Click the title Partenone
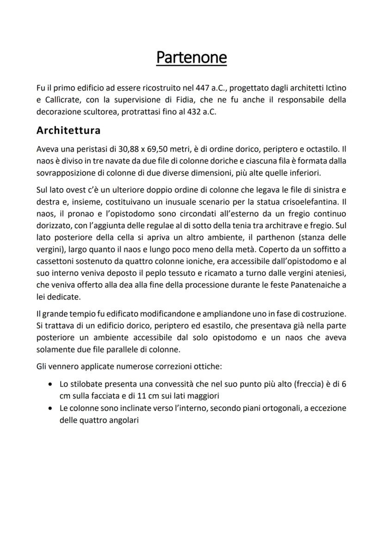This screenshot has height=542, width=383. pyautogui.click(x=191, y=57)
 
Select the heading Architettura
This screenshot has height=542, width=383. pyautogui.click(x=68, y=130)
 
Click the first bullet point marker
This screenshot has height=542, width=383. pyautogui.click(x=49, y=385)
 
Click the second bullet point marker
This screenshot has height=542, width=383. pyautogui.click(x=49, y=409)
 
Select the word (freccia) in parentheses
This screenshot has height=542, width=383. pyautogui.click(x=309, y=385)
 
